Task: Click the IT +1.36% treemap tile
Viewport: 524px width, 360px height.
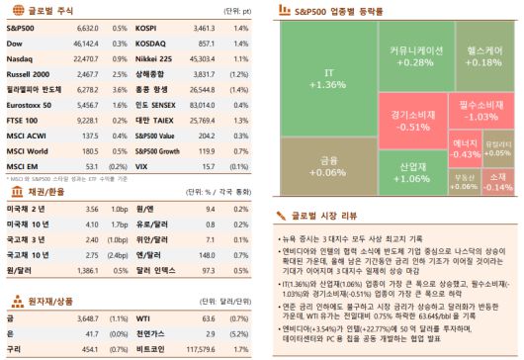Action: [328, 78]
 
